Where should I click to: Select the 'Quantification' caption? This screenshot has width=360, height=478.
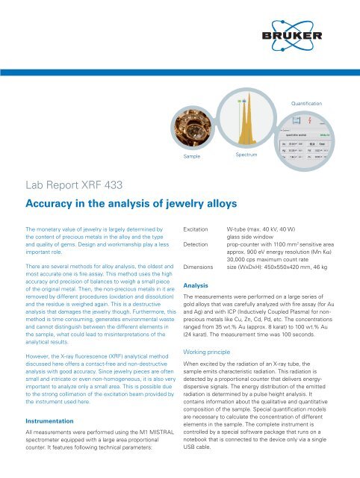[x=307, y=102]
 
